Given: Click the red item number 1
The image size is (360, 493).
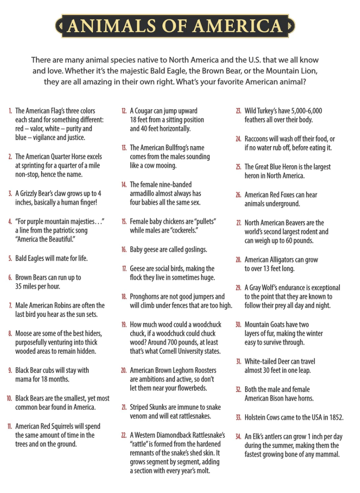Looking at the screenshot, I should click(x=10, y=111).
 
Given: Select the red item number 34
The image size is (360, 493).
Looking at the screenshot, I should click(x=238, y=437).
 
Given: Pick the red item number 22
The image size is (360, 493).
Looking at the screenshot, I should click(x=124, y=435).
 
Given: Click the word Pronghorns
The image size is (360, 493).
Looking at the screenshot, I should click(x=147, y=296).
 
